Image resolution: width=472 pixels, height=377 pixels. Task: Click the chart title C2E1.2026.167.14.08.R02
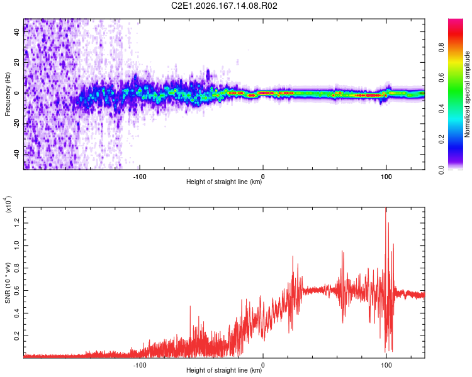coord(224,6)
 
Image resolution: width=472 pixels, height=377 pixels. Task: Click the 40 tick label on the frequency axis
coord(16,32)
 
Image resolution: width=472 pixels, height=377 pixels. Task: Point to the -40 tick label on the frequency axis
coord(16,155)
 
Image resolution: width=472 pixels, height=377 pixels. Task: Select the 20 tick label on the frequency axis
coord(16,63)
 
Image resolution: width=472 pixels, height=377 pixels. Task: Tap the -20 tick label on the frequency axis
coord(16,124)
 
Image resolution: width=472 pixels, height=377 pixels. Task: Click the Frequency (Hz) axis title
coord(8,94)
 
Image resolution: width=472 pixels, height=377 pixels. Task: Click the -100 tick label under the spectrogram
coord(140,177)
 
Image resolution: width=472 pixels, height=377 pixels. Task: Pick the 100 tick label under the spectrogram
coord(386,177)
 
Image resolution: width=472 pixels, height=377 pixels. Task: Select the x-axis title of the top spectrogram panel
coord(224,182)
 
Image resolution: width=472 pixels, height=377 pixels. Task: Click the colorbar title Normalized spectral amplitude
coord(467,94)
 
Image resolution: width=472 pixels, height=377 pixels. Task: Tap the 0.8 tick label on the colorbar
coord(441,48)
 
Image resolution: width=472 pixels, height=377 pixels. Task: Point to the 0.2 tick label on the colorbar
coord(441,139)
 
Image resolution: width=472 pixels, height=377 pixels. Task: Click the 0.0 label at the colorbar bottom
coord(441,170)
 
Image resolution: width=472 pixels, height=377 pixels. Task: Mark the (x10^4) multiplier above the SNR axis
coord(8,204)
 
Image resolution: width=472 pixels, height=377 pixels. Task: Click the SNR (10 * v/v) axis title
coord(8,283)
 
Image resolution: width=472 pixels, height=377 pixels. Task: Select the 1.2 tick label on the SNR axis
coord(16,223)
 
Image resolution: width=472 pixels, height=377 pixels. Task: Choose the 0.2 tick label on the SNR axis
coord(16,336)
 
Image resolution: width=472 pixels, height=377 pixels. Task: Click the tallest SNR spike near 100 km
coord(386,208)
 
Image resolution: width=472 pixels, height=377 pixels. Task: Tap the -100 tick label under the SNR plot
coord(140,365)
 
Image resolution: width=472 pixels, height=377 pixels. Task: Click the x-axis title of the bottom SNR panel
coord(224,370)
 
